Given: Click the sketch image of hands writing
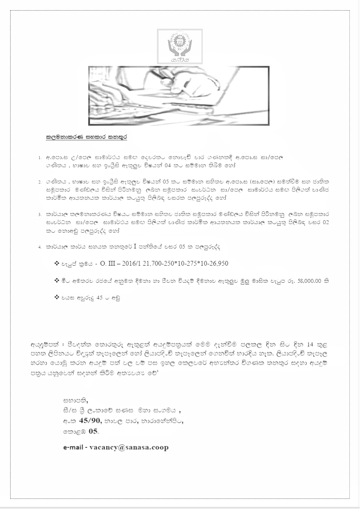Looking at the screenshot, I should (179, 96).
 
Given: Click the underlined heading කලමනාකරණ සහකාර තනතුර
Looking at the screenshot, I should (87, 138).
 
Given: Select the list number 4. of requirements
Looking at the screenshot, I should (39, 247).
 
